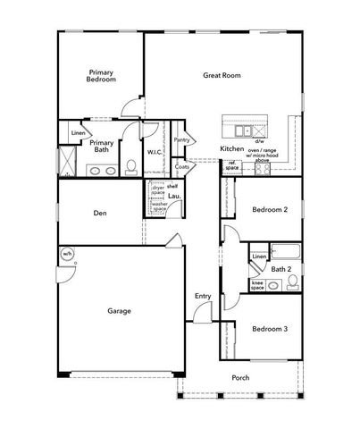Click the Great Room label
click(x=222, y=76)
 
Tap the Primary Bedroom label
click(x=101, y=75)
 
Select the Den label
click(x=100, y=213)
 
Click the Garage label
click(x=119, y=311)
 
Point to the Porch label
click(x=240, y=377)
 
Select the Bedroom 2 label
click(x=269, y=210)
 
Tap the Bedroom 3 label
click(x=269, y=329)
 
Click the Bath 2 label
click(x=282, y=268)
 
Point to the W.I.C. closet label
click(x=154, y=152)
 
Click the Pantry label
click(x=182, y=139)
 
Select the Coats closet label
click(x=182, y=166)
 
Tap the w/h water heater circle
click(x=66, y=255)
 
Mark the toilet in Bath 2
click(x=290, y=285)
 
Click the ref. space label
click(x=232, y=165)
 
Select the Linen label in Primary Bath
click(x=78, y=134)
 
